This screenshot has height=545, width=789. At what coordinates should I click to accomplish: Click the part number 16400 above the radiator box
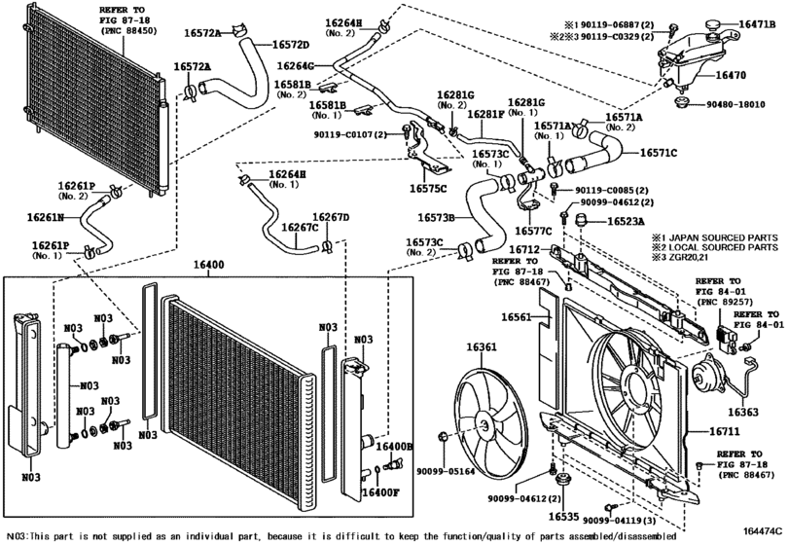pos(215,263)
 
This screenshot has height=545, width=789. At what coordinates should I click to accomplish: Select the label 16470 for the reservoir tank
pos(731,74)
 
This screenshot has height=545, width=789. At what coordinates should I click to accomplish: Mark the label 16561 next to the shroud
pos(520,318)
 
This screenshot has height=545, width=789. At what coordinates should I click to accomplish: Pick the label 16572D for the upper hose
pos(290,45)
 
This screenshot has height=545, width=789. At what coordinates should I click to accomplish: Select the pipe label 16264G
pos(295,66)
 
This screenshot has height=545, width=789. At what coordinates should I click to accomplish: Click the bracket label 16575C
pos(428,188)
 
